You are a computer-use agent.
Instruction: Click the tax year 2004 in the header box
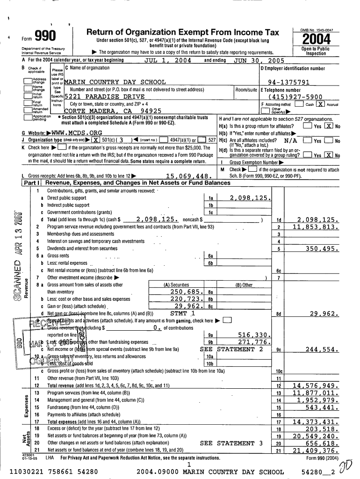click(x=317, y=39)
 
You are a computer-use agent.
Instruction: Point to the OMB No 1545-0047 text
click(x=317, y=29)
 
